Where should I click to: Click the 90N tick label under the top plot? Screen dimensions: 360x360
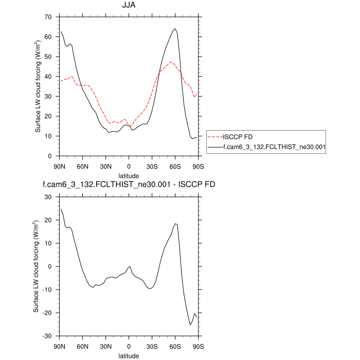(60, 166)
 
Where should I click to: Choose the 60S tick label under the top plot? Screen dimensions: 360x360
(175, 166)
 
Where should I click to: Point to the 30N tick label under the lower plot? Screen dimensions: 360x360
(105, 346)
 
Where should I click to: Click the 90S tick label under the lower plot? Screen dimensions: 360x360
(198, 346)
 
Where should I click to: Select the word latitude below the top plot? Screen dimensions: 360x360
(129, 175)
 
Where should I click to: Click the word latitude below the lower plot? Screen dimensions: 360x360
(129, 355)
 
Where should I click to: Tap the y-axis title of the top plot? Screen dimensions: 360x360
(38, 86)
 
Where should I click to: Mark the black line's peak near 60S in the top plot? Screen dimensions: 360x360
(175, 29)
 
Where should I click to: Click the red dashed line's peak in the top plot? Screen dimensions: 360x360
(171, 62)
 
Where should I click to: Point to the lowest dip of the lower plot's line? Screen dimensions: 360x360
(190, 325)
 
